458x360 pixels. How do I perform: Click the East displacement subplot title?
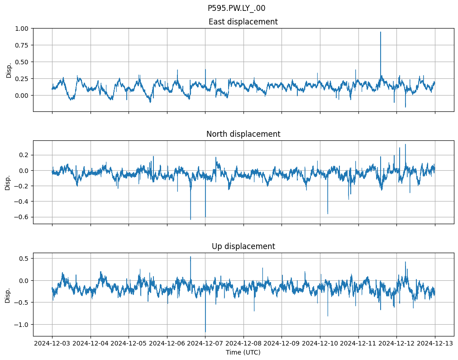[x=243, y=22]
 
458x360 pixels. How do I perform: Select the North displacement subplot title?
[x=243, y=134]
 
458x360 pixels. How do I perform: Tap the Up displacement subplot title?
[x=243, y=246]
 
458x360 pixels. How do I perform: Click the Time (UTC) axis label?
[x=243, y=352]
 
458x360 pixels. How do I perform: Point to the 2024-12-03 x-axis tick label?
[x=52, y=344]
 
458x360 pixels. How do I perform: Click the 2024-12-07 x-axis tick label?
[x=205, y=344]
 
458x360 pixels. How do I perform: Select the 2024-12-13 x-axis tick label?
[x=435, y=344]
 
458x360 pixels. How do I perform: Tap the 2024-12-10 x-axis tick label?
[x=320, y=344]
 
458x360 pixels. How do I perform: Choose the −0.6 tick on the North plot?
[x=22, y=217]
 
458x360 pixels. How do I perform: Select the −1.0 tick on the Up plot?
[x=22, y=325]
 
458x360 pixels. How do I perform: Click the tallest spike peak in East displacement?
[x=381, y=32]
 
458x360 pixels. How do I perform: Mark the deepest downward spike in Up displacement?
[x=205, y=332]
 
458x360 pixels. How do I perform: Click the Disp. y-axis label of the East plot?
[x=9, y=70]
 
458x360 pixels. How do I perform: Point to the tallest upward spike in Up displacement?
[x=191, y=257]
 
